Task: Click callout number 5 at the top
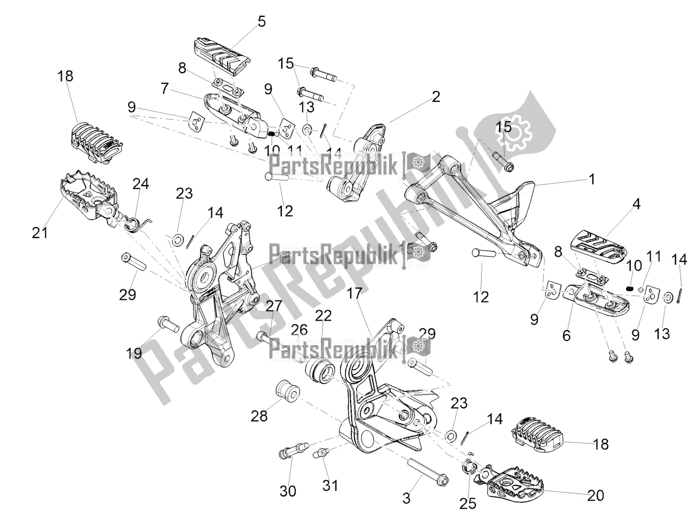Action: [261, 22]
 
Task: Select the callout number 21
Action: [40, 233]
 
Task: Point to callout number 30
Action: [288, 492]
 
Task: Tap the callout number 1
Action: [592, 180]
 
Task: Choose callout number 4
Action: [637, 204]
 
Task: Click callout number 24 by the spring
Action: [141, 184]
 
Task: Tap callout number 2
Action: [452, 97]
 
